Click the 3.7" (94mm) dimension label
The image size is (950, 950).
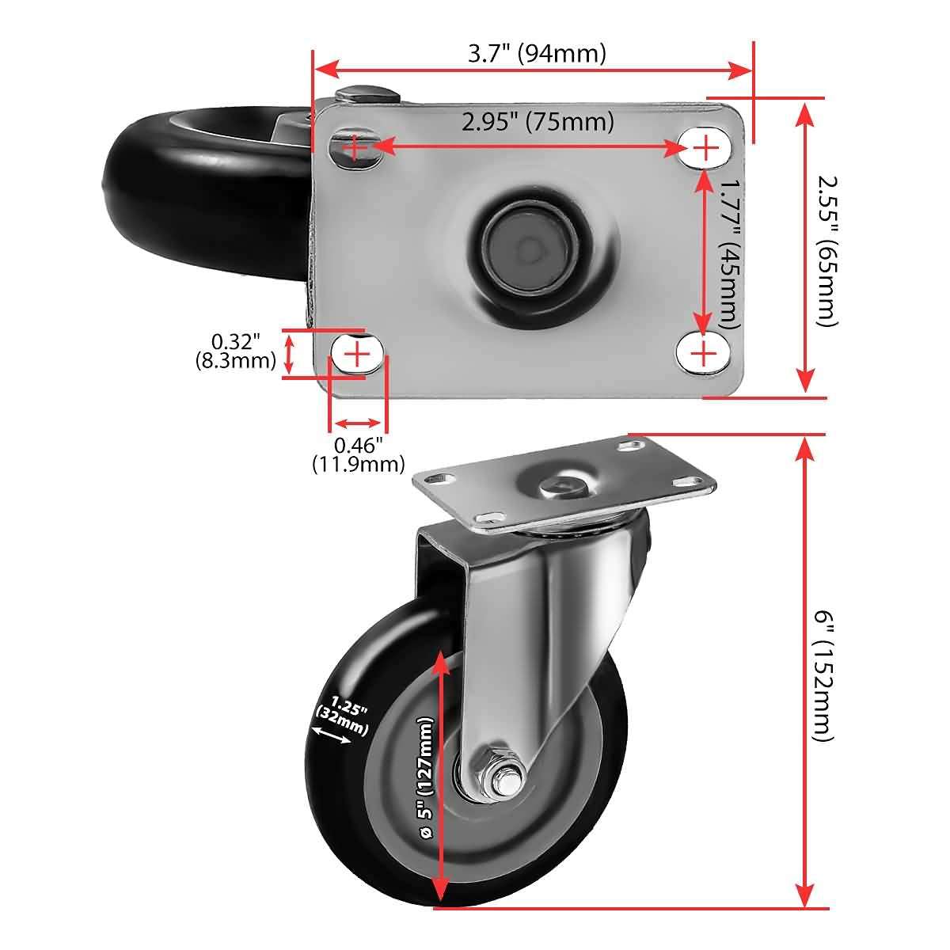[537, 53]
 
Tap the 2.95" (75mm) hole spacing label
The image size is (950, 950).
[538, 122]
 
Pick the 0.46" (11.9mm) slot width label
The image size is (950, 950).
[358, 454]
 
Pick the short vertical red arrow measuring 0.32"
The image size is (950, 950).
[291, 353]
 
